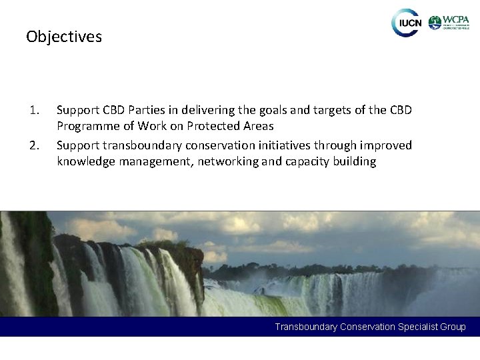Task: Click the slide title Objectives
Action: (x=64, y=37)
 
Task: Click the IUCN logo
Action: (x=406, y=23)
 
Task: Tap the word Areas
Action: (x=258, y=126)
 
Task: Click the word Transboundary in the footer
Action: (x=306, y=327)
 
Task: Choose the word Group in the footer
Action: (x=453, y=327)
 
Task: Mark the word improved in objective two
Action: (x=381, y=145)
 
